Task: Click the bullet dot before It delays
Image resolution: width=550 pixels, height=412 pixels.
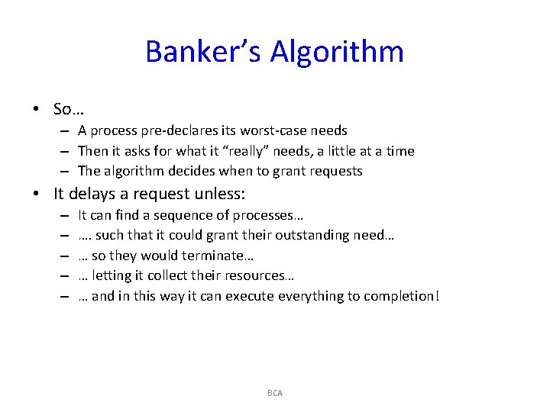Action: click(36, 194)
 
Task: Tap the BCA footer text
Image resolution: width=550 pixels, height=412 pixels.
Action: click(275, 393)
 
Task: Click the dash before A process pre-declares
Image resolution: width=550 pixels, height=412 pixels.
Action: click(66, 130)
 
